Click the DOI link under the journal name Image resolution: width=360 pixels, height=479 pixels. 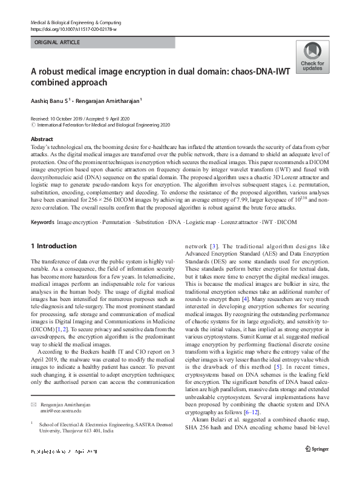click(x=65, y=29)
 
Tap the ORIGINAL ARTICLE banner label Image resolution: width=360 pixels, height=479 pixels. click(x=57, y=42)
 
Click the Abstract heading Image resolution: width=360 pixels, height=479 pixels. click(x=42, y=139)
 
